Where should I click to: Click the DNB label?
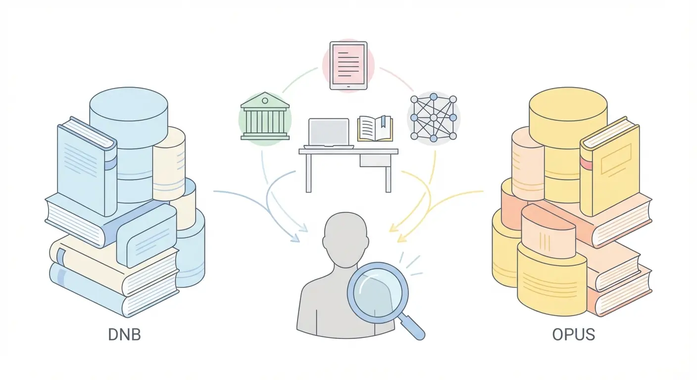tap(124, 335)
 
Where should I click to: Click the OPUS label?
tap(573, 335)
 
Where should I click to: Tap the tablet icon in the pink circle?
tap(348, 66)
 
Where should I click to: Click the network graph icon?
tap(434, 118)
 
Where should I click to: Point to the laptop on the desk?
tap(329, 133)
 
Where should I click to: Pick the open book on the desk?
tap(375, 129)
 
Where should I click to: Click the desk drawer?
tap(375, 160)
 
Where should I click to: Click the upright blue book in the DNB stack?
tap(87, 167)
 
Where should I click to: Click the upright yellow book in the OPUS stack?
tap(610, 166)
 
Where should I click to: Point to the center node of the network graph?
tap(434, 118)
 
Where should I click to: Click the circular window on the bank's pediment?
tap(265, 101)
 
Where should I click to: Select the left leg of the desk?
tap(308, 173)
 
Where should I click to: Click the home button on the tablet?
tap(348, 87)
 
